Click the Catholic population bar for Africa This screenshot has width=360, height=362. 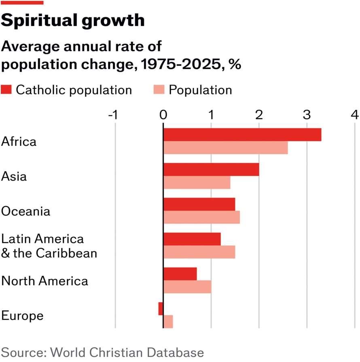pyautogui.click(x=242, y=135)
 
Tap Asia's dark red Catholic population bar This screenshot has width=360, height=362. pyautogui.click(x=211, y=170)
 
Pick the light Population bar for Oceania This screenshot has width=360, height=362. pyautogui.click(x=201, y=217)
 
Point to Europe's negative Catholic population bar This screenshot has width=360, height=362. pyautogui.click(x=161, y=309)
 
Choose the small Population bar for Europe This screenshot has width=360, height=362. pyautogui.click(x=168, y=322)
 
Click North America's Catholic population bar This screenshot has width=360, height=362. pyautogui.click(x=180, y=274)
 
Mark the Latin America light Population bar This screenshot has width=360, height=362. pyautogui.click(x=199, y=252)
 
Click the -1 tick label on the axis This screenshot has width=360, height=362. pyautogui.click(x=113, y=115)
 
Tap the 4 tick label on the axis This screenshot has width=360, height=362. pyautogui.click(x=355, y=115)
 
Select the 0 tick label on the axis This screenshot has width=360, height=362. pyautogui.click(x=163, y=115)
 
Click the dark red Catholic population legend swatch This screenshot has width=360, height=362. pyautogui.click(x=6, y=89)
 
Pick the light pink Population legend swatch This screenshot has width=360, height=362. pyautogui.click(x=159, y=89)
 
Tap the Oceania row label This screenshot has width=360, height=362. pyautogui.click(x=26, y=211)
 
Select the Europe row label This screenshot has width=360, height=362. pyautogui.click(x=23, y=315)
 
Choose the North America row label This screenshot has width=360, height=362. pyautogui.click(x=45, y=281)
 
